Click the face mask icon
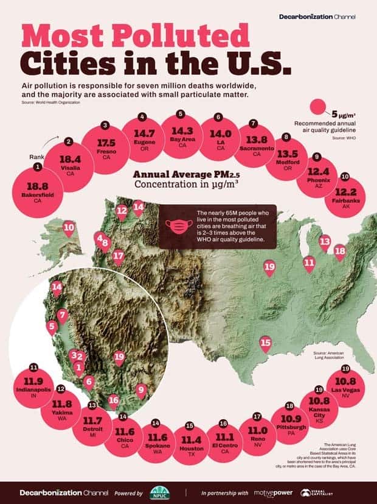(176, 226)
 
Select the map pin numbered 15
(265, 344)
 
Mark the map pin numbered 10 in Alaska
(69, 229)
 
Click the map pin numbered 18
(339, 250)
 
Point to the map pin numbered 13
(325, 242)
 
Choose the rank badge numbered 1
(38, 166)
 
